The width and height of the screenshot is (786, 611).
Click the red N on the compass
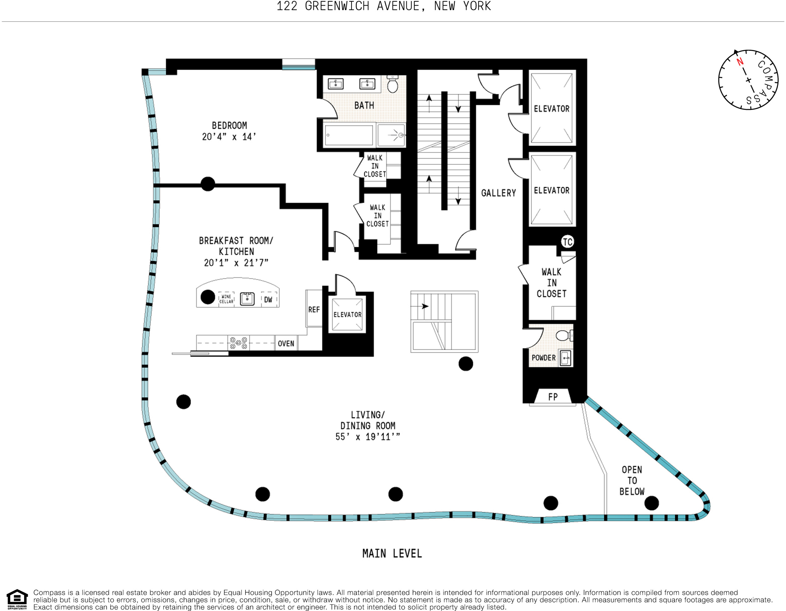point(740,62)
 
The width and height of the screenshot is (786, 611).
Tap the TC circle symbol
point(567,242)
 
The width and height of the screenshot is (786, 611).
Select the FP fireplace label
point(553,397)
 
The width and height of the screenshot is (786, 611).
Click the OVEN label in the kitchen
point(286,344)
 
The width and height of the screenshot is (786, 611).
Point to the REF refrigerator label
point(314,310)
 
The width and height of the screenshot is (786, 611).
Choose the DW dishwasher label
point(268,300)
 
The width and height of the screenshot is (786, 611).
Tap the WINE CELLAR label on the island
point(226,299)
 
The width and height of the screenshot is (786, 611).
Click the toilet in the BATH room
point(392,84)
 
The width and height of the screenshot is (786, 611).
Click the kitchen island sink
point(247,299)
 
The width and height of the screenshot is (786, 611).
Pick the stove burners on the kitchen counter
point(238,343)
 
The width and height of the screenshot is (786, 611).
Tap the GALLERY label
point(498,193)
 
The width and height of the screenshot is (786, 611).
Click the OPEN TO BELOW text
point(632,481)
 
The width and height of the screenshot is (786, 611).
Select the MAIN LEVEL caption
point(392,553)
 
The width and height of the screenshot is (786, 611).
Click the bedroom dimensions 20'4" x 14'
point(229,137)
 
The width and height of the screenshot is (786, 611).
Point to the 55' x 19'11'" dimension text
point(367,437)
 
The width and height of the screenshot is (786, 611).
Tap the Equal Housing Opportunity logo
point(17,599)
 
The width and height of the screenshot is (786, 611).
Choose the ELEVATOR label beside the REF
point(347,315)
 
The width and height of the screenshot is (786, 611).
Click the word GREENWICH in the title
point(337,6)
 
